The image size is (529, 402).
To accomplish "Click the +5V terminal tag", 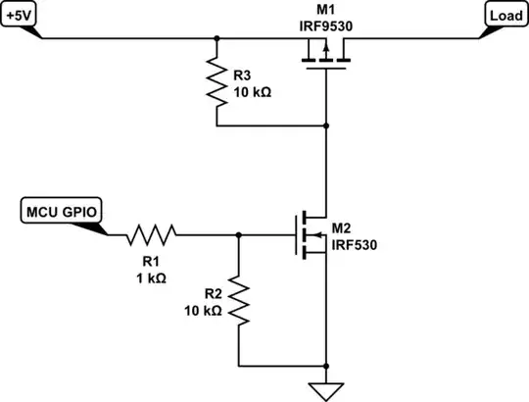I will click(23, 16).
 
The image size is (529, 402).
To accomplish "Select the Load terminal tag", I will click(505, 16).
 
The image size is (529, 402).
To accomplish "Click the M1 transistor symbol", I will click(325, 61).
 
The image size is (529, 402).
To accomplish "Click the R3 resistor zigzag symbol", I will click(216, 82).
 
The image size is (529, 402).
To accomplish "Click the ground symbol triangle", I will click(325, 390).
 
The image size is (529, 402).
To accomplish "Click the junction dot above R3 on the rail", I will click(216, 39).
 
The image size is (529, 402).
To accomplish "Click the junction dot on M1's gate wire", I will click(325, 126).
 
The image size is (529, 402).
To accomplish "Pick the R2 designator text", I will click(215, 293).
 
